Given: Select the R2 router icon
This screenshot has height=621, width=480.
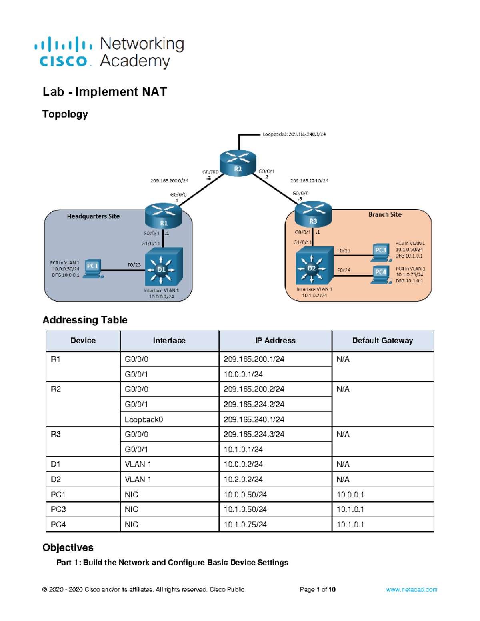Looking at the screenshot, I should [238, 163].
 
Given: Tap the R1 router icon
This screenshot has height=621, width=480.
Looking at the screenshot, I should [164, 216].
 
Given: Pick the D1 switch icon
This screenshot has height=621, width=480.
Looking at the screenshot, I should [164, 266].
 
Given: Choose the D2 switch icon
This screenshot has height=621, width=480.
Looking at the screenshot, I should [314, 266].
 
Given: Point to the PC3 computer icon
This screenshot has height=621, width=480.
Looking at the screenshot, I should [380, 252].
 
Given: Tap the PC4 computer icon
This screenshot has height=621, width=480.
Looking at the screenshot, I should [380, 274].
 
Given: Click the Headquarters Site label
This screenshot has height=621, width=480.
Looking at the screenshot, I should [93, 216].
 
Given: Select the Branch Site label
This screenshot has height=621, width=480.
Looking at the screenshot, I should [385, 215].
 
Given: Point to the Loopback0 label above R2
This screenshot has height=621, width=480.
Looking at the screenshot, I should [294, 134].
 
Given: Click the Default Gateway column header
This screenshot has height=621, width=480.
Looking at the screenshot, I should [382, 341].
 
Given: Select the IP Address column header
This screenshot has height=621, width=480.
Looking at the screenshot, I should [275, 341].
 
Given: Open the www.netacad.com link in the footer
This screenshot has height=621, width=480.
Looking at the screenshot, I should [411, 589].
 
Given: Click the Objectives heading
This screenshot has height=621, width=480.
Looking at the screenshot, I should [68, 547].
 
